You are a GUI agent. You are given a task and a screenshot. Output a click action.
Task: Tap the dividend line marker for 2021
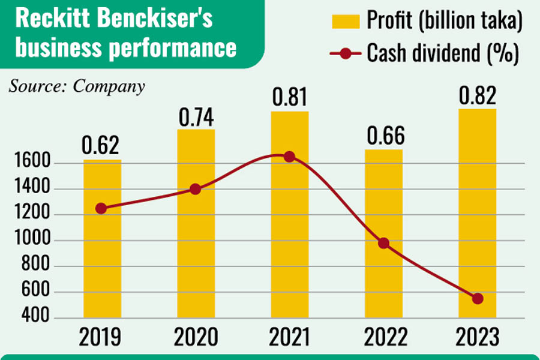click(289, 157)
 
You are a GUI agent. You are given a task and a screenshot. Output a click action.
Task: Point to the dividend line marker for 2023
click(478, 298)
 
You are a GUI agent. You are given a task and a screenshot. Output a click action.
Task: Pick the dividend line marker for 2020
click(195, 189)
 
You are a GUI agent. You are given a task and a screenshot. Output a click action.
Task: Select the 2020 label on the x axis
click(196, 337)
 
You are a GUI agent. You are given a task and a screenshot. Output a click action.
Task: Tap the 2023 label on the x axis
click(477, 337)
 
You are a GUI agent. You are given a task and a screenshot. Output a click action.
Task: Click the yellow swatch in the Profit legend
click(347, 23)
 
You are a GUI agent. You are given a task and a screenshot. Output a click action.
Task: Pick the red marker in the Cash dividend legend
click(346, 54)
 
